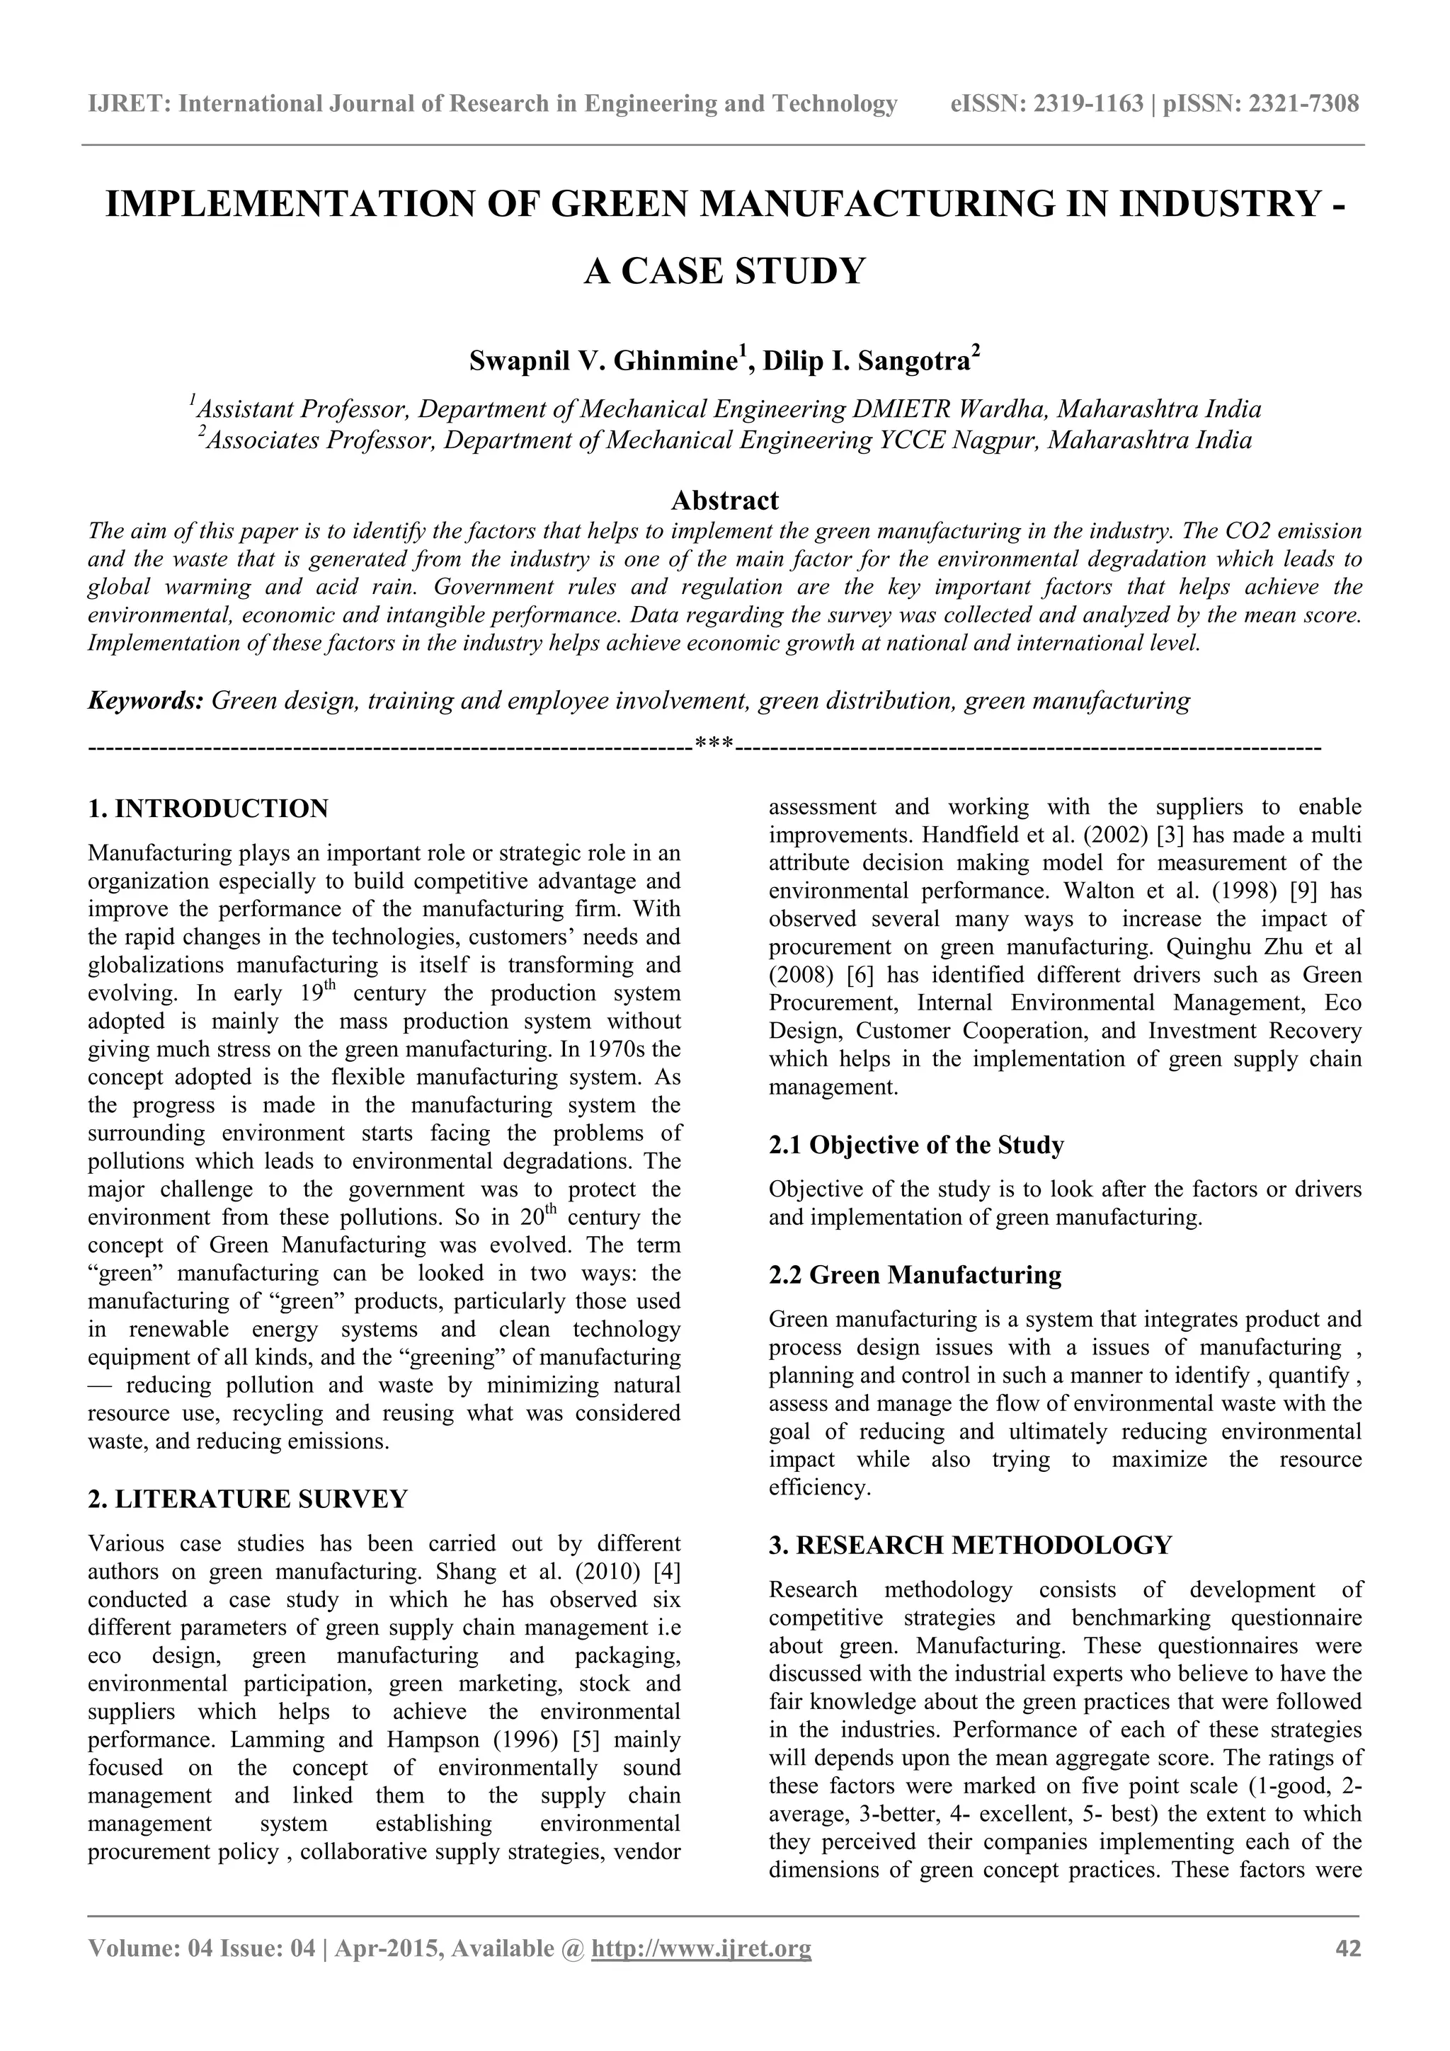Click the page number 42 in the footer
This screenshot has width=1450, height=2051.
(1347, 1948)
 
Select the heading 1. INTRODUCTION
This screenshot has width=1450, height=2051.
(208, 809)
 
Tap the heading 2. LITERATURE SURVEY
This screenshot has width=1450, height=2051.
(248, 1499)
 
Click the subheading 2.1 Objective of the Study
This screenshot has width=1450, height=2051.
(915, 1146)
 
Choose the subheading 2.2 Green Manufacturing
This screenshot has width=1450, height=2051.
(915, 1275)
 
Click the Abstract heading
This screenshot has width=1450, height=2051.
(724, 499)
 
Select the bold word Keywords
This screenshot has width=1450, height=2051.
(146, 700)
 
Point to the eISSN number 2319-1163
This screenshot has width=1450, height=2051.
(1089, 105)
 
